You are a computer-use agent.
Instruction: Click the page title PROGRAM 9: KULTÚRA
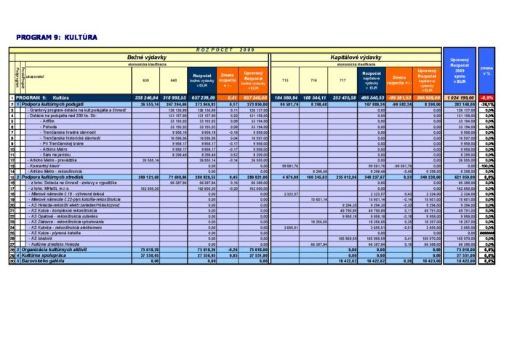(56, 37)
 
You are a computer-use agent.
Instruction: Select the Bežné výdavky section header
(147, 56)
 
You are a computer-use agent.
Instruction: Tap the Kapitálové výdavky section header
(356, 56)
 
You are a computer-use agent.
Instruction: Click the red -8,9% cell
(486, 97)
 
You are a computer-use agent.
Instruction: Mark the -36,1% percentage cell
(486, 105)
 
